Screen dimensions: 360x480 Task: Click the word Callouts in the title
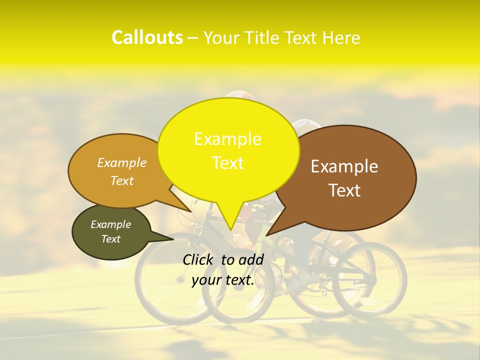(147, 37)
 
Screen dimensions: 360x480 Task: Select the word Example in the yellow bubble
(227, 139)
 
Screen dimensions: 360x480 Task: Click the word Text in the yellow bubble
(227, 163)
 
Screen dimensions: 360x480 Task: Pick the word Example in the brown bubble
(344, 166)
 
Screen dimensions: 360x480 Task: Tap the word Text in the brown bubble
(344, 190)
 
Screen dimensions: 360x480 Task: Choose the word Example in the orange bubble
(122, 162)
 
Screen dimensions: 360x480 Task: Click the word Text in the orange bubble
(122, 180)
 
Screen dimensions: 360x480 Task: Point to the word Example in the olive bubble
(110, 224)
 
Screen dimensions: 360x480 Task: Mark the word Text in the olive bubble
(110, 239)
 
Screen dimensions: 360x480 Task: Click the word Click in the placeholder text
(199, 259)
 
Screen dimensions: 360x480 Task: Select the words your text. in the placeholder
(223, 280)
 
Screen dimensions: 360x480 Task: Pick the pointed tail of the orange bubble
(188, 209)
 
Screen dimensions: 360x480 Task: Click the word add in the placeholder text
(251, 259)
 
